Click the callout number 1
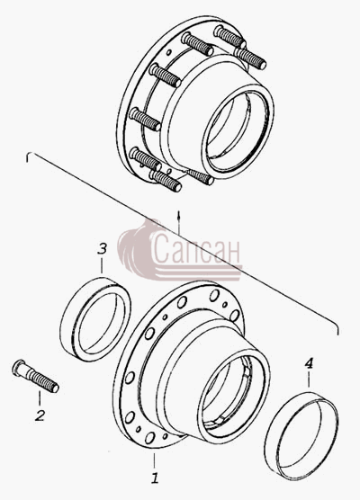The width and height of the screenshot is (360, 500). [x=155, y=478]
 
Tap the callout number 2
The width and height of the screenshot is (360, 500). [x=40, y=415]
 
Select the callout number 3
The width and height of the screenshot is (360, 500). [x=102, y=249]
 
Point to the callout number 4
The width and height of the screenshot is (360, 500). [x=309, y=363]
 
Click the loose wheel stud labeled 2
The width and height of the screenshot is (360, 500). [x=35, y=376]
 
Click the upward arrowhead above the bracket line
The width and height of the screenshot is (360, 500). [x=179, y=213]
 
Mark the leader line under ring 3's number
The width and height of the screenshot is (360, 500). [x=102, y=265]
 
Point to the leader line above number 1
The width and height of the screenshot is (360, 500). [x=155, y=461]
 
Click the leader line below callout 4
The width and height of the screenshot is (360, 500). [x=309, y=379]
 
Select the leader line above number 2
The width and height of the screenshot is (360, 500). [x=40, y=399]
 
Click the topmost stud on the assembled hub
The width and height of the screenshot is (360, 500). [x=229, y=36]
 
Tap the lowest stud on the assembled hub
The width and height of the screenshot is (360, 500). [x=166, y=181]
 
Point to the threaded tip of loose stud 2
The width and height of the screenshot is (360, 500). [x=55, y=388]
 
